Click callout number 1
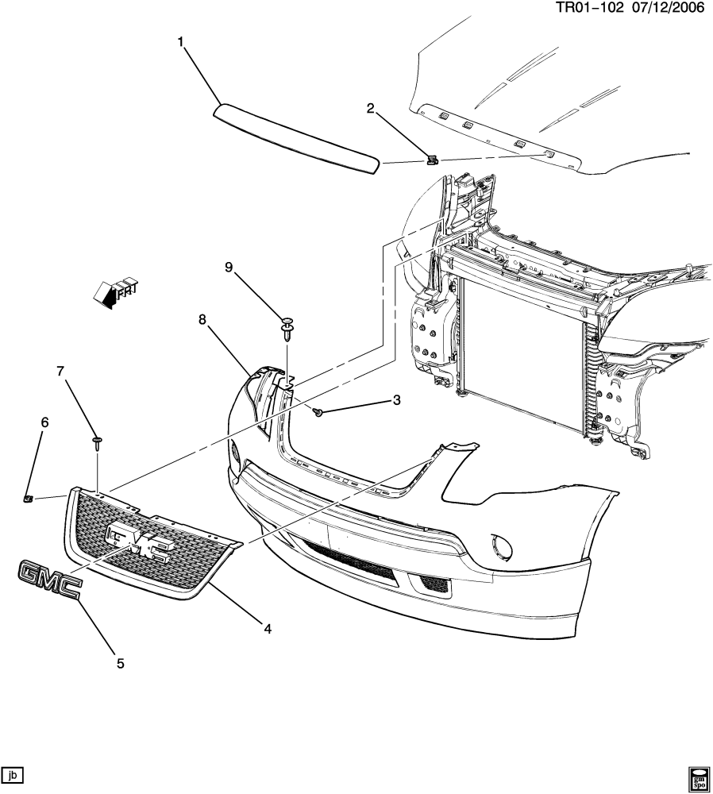click(181, 41)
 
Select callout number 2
click(370, 109)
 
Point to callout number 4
click(268, 629)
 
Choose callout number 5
click(121, 663)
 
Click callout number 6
click(44, 422)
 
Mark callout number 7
click(60, 371)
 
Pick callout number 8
click(202, 319)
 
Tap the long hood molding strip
click(297, 137)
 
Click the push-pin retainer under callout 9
click(287, 327)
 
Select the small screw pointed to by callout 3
click(318, 411)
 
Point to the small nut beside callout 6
click(26, 498)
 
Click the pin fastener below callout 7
click(97, 442)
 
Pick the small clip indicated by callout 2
click(431, 160)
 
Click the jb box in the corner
click(13, 773)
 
